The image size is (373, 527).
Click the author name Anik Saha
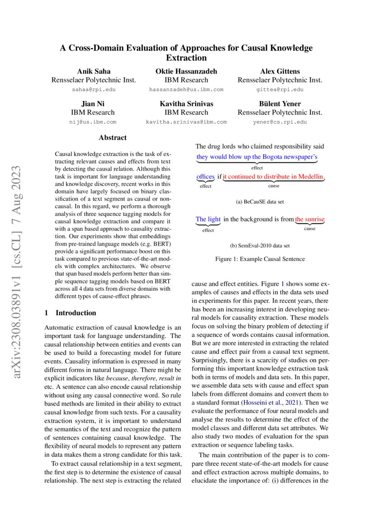94,71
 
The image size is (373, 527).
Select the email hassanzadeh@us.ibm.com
186,90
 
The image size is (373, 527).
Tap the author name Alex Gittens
280,71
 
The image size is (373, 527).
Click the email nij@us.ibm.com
94,122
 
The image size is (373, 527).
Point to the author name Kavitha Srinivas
186,104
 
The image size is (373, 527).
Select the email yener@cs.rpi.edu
280,122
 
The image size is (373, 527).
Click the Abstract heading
113,137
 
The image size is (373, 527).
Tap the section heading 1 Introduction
70,313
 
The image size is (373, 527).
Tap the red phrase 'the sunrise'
310,220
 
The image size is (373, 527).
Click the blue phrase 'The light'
208,220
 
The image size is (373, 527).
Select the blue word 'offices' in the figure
205,176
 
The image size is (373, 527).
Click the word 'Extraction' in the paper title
186,58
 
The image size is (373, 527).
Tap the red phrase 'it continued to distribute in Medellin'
273,176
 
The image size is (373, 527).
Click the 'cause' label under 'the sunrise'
309,229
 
